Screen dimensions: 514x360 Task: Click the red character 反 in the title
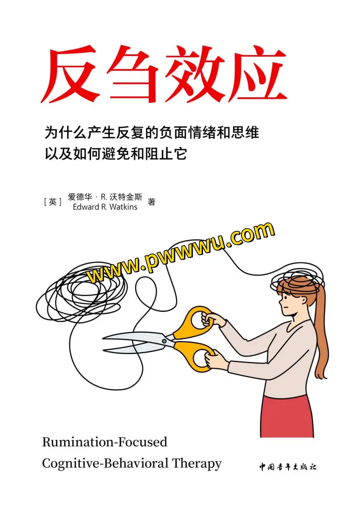(72, 74)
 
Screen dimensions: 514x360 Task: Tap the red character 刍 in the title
(133, 74)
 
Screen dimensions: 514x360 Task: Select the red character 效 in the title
(196, 74)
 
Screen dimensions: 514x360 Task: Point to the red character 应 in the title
(257, 74)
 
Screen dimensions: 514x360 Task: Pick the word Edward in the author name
(85, 207)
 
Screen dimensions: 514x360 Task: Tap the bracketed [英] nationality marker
(53, 202)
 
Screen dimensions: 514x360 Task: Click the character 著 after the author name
(151, 202)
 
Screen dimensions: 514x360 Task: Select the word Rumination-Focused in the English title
(104, 442)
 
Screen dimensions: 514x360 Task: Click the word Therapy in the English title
(197, 463)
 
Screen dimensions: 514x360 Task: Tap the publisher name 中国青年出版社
(288, 467)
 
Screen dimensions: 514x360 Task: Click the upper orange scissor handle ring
(198, 319)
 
